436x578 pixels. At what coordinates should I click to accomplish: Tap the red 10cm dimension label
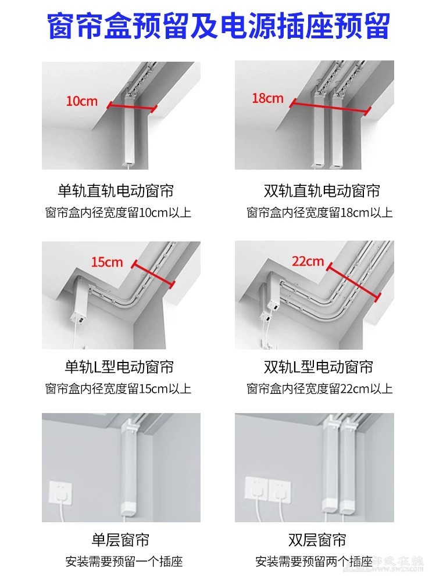(81, 100)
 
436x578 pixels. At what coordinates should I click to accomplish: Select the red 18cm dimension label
(267, 98)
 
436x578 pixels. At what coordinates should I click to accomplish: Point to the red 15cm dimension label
(107, 262)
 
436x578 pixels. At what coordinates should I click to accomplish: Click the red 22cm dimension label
(308, 261)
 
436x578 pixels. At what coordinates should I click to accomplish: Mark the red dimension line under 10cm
(132, 107)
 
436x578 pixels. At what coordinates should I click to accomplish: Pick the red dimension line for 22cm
(353, 282)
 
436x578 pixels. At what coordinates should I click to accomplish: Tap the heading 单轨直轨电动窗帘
(116, 191)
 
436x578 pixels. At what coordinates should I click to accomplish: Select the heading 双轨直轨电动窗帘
(321, 191)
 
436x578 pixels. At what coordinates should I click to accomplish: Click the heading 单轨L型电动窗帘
(119, 367)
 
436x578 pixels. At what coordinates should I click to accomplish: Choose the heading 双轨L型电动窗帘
(319, 367)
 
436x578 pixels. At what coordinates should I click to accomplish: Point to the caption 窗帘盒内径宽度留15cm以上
(118, 389)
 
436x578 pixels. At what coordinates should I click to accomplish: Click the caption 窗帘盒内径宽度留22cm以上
(319, 389)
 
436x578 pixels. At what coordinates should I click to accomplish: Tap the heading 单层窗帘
(120, 540)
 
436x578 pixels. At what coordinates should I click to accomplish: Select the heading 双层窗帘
(317, 540)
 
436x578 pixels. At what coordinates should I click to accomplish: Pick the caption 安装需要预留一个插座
(124, 561)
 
